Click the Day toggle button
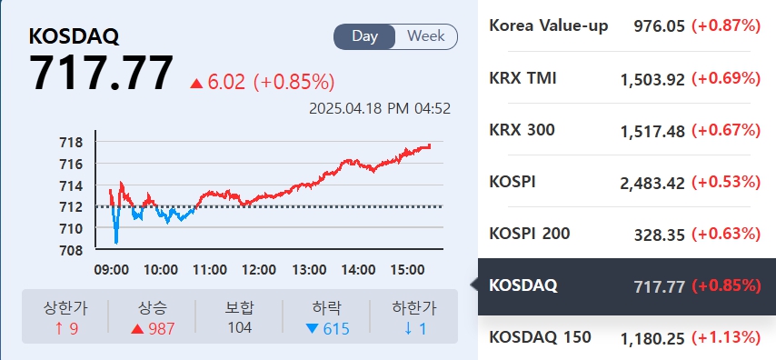click(365, 36)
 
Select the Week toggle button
click(426, 36)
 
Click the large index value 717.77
click(101, 75)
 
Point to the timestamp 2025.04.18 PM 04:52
click(380, 108)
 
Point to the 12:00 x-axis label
click(260, 270)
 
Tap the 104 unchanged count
click(240, 327)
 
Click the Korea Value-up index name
click(548, 25)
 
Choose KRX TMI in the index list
click(522, 78)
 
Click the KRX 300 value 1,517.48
click(652, 131)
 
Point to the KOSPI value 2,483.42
click(652, 183)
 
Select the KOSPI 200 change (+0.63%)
click(725, 235)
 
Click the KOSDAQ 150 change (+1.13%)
click(725, 338)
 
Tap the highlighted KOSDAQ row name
click(523, 285)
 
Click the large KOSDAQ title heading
click(75, 36)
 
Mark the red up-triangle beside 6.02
click(196, 84)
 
